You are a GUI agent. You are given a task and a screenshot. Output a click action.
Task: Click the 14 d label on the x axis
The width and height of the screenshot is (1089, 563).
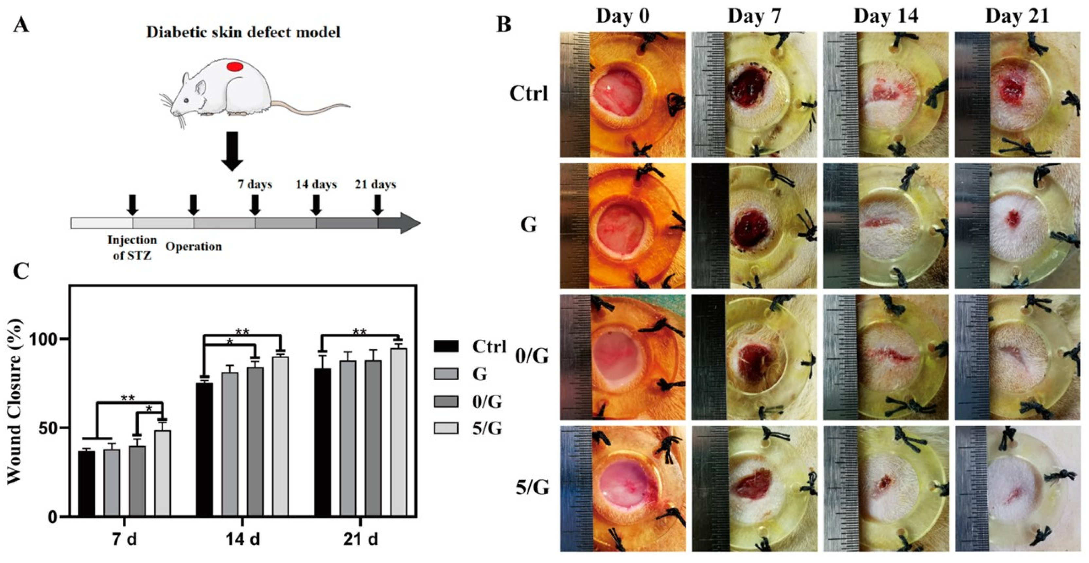point(243,540)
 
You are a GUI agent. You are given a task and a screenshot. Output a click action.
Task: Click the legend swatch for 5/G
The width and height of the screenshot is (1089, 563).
point(446,428)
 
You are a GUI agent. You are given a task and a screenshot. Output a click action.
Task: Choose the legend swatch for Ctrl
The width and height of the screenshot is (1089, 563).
point(446,347)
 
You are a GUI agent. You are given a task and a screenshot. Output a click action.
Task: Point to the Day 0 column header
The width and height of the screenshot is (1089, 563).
point(623,16)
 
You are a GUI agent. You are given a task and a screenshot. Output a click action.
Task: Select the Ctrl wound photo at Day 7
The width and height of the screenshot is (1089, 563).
point(754,95)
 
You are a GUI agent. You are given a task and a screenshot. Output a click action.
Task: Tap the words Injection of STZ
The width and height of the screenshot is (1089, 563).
point(132,247)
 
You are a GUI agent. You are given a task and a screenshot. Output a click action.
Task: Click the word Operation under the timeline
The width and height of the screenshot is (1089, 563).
point(194,247)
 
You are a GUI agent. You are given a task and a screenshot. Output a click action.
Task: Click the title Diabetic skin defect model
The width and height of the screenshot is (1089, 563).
point(243,33)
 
